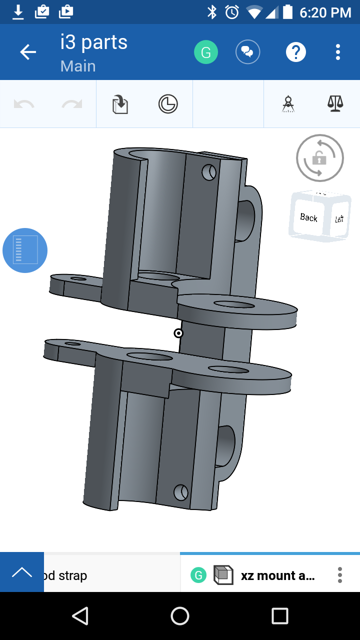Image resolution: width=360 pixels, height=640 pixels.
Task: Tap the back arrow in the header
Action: point(28,52)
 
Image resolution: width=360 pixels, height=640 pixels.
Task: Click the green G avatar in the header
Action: point(206,52)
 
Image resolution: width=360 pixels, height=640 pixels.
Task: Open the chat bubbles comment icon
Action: point(248,52)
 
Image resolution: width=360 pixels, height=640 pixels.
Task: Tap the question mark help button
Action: point(295,52)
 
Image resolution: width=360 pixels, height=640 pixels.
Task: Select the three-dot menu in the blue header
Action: point(338,52)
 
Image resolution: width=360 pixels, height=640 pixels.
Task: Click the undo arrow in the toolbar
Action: point(24,104)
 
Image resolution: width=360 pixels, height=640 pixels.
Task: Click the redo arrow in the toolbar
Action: point(72,104)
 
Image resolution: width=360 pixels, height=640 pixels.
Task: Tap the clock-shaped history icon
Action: point(168,104)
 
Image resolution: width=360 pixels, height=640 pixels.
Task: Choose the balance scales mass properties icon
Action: point(335,103)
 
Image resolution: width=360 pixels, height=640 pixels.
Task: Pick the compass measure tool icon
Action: point(288,104)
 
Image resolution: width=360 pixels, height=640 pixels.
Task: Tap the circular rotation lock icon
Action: point(319,158)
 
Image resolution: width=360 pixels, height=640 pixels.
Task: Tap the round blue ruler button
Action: point(25,250)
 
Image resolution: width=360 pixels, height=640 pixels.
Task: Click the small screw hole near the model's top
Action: point(209,172)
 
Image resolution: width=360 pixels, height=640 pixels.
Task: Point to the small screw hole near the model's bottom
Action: point(180,492)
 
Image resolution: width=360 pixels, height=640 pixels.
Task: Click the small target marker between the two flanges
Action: point(178,333)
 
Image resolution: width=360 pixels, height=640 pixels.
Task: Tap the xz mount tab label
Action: point(277,575)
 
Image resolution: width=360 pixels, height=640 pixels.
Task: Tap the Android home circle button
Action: point(180,616)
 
